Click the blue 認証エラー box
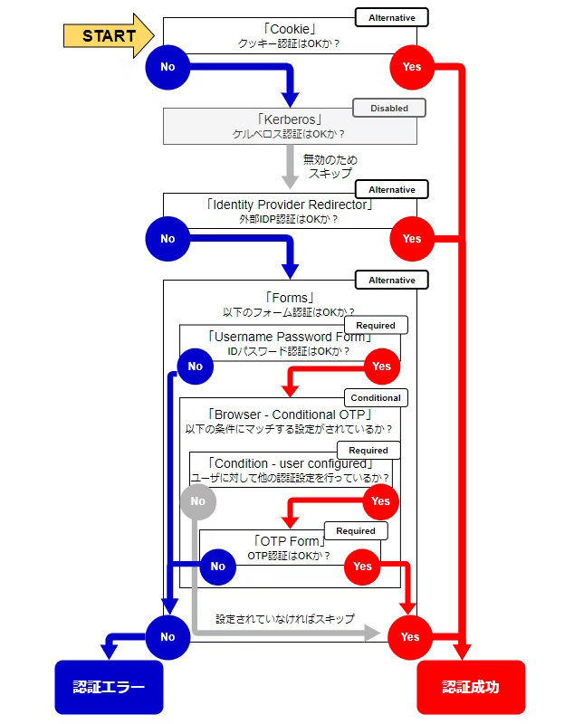109,687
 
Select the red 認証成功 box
470,687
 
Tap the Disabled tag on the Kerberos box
388,109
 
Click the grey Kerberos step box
290,127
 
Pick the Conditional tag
375,397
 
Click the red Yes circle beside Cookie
412,67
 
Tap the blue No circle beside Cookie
167,67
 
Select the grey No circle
198,501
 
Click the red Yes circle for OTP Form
362,567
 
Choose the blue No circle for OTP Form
217,567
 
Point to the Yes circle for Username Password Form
381,367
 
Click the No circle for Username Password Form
196,367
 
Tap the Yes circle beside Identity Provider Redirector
412,239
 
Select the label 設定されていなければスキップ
284,619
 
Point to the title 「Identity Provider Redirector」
290,205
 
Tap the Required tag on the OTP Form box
355,531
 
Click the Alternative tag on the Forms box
391,281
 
